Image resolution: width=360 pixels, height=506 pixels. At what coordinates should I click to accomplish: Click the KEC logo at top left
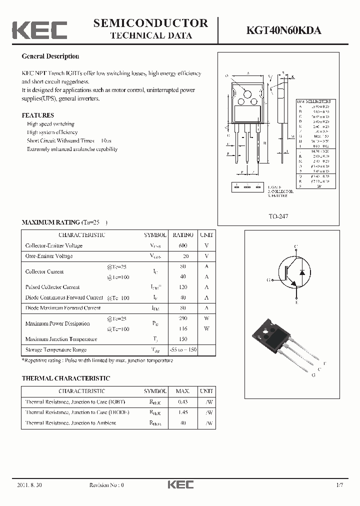click(x=39, y=30)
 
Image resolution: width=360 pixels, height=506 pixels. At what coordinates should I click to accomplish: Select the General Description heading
click(x=50, y=56)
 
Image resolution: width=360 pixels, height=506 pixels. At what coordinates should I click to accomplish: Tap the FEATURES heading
click(x=37, y=115)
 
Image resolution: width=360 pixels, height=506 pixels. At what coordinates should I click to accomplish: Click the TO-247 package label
click(x=279, y=216)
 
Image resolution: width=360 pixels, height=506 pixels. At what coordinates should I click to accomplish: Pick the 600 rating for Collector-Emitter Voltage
click(x=182, y=245)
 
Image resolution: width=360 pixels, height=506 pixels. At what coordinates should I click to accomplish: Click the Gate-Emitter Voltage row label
click(x=49, y=256)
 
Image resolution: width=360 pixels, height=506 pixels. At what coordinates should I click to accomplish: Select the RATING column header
click(x=183, y=235)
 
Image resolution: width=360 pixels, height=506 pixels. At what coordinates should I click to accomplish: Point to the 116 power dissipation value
click(x=182, y=329)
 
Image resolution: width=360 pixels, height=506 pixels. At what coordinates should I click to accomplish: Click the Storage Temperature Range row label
click(x=56, y=350)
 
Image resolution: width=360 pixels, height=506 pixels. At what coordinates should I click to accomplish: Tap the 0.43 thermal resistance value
click(x=183, y=402)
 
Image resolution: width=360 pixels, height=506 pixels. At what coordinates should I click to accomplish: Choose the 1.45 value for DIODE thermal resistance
click(x=183, y=412)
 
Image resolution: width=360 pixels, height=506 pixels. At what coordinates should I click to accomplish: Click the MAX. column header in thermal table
click(x=183, y=391)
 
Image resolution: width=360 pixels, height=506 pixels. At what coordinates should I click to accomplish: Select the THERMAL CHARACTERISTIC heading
click(x=65, y=378)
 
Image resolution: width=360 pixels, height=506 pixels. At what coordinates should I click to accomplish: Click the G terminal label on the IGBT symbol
click(x=269, y=280)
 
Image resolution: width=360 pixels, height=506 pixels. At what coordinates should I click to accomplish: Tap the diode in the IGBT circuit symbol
click(x=301, y=272)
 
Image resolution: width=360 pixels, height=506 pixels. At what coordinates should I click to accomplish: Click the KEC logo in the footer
click(x=180, y=484)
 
